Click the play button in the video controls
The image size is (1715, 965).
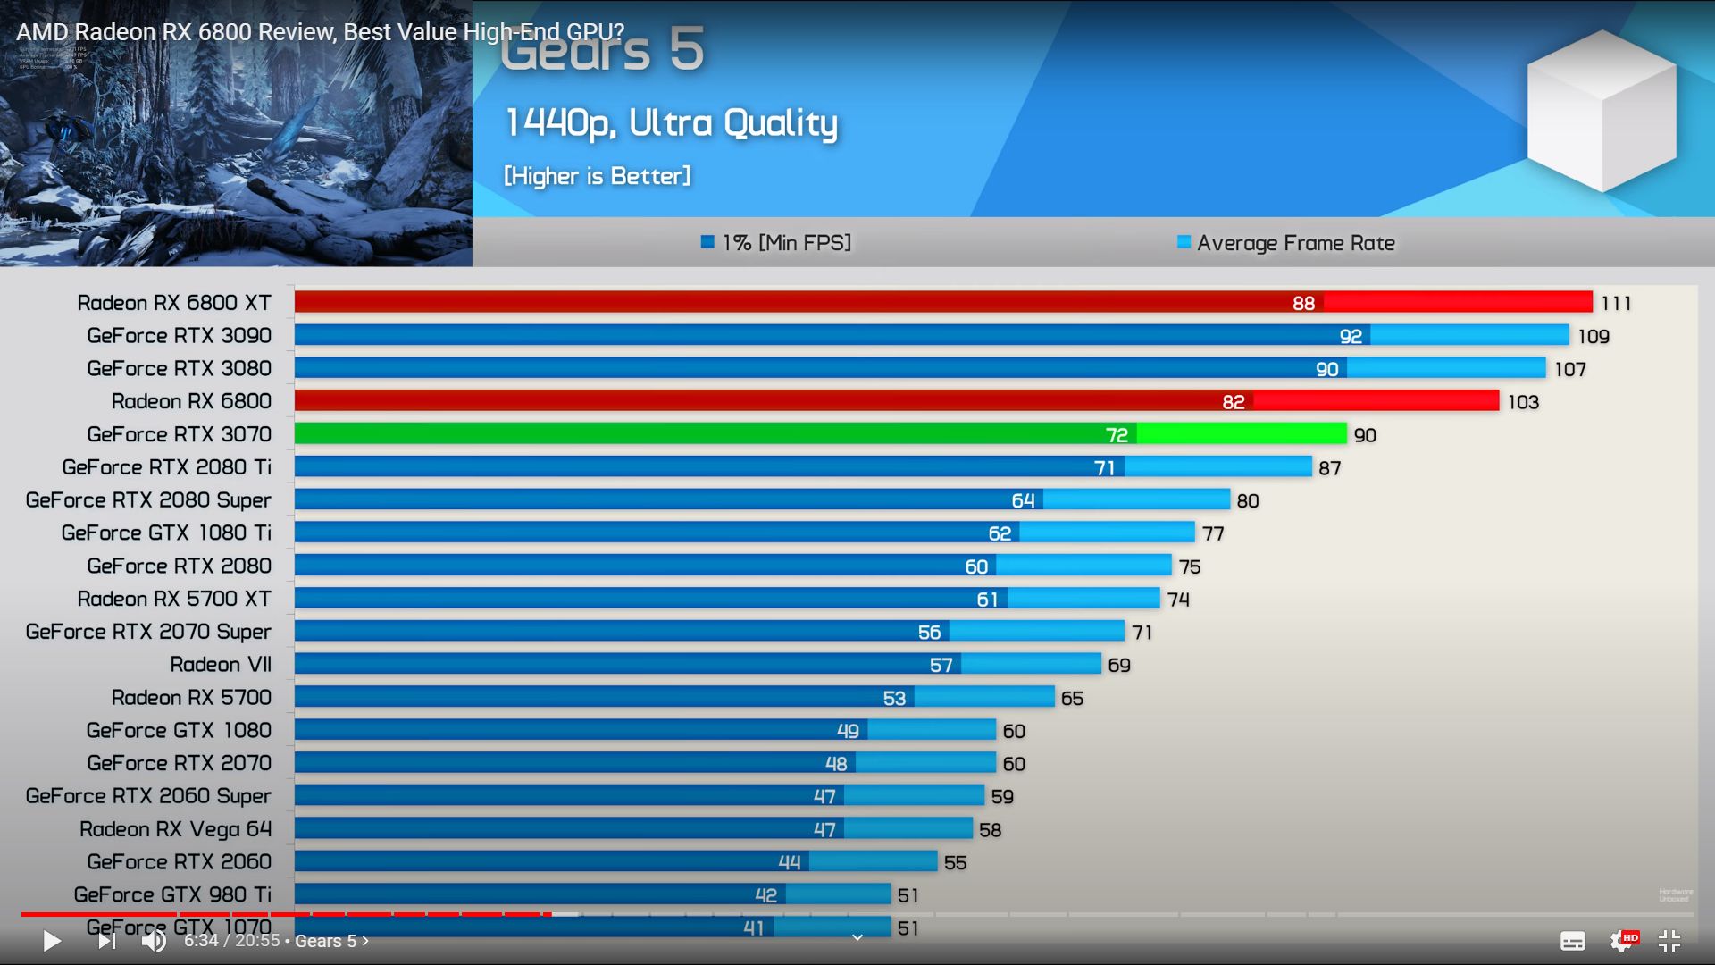pyautogui.click(x=52, y=941)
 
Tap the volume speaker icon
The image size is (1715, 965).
pyautogui.click(x=154, y=941)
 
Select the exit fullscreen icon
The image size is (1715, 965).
pyautogui.click(x=1669, y=941)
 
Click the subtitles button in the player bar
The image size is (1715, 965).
pyautogui.click(x=1572, y=941)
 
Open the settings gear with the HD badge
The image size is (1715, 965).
pyautogui.click(x=1621, y=941)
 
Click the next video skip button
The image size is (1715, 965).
pyautogui.click(x=106, y=941)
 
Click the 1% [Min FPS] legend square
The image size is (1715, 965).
pyautogui.click(x=707, y=242)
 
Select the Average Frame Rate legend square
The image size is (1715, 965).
pyautogui.click(x=1184, y=242)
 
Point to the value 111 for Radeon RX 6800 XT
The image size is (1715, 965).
pyautogui.click(x=1616, y=304)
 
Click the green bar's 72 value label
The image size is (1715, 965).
pyautogui.click(x=1117, y=435)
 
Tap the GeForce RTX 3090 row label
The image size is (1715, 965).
pyautogui.click(x=179, y=336)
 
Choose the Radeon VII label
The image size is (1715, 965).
pyautogui.click(x=221, y=665)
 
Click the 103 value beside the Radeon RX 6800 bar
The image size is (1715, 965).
pyautogui.click(x=1523, y=402)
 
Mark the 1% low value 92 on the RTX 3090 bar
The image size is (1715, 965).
pyautogui.click(x=1351, y=337)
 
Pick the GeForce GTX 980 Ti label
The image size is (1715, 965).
pyautogui.click(x=172, y=894)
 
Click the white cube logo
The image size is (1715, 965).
pyautogui.click(x=1602, y=112)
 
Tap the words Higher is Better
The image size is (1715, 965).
pyautogui.click(x=597, y=176)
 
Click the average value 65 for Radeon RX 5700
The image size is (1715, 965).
pyautogui.click(x=1072, y=698)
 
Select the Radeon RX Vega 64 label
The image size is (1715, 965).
pyautogui.click(x=175, y=829)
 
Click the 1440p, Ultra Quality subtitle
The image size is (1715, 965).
pyautogui.click(x=672, y=123)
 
